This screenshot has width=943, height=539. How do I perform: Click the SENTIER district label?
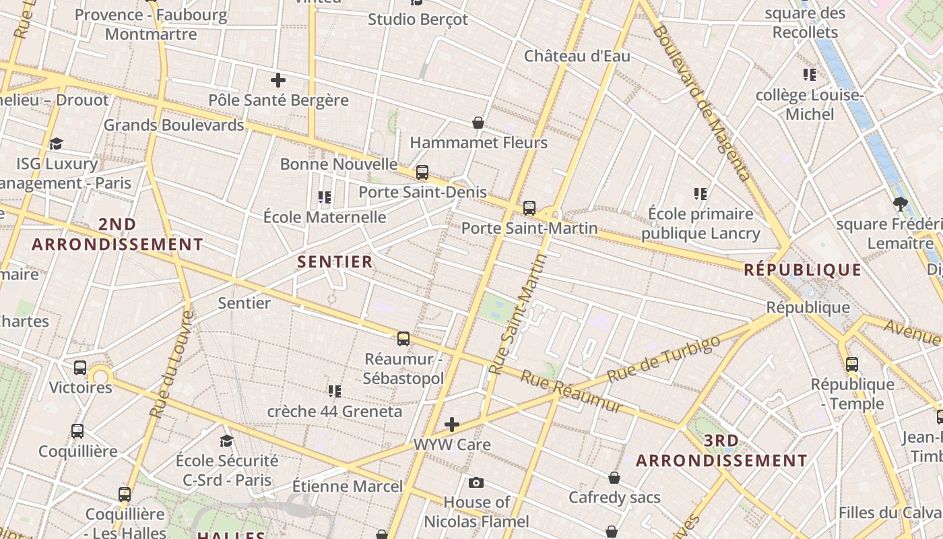(335, 262)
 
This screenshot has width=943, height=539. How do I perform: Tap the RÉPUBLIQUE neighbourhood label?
(803, 270)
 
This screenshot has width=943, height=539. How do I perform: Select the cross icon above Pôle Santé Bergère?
(278, 81)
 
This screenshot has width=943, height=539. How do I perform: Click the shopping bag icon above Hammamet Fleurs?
(478, 123)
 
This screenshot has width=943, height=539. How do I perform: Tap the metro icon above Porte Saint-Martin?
(529, 208)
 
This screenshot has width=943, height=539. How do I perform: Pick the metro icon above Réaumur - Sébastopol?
(403, 338)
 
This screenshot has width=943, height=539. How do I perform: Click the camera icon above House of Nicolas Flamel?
(476, 482)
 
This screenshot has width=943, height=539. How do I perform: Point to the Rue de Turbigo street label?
(663, 359)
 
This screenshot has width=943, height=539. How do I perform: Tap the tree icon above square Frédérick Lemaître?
(900, 203)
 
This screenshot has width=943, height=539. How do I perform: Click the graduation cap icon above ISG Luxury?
(57, 144)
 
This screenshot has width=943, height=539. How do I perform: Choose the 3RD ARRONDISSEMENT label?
(721, 451)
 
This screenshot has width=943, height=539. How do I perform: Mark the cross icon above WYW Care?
(452, 424)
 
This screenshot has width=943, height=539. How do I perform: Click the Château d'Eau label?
(577, 56)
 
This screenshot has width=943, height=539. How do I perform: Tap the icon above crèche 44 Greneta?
(335, 391)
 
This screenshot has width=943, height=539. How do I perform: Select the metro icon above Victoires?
(80, 368)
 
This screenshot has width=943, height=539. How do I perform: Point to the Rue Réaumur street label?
(572, 393)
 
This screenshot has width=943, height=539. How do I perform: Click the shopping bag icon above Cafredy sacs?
(614, 478)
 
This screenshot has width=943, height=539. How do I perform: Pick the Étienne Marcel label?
(348, 486)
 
